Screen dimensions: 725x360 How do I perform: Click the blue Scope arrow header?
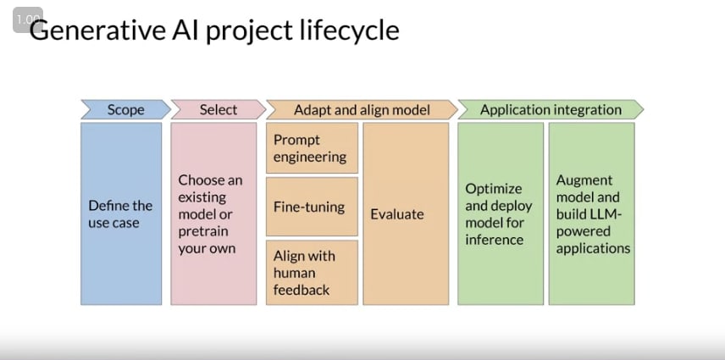(x=125, y=109)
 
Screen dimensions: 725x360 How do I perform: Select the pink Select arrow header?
(x=219, y=109)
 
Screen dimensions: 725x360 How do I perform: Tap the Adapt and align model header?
(x=362, y=109)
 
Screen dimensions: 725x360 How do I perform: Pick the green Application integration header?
(x=551, y=109)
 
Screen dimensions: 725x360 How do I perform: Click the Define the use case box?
(x=121, y=213)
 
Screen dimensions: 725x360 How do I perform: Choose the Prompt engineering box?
(x=312, y=148)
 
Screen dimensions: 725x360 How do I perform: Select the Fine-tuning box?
(x=312, y=207)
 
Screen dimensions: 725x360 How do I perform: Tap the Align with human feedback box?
(x=312, y=272)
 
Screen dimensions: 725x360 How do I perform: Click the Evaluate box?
(x=406, y=213)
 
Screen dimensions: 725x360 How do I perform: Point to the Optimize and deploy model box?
(x=501, y=213)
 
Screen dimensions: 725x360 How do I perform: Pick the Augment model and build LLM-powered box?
(x=592, y=213)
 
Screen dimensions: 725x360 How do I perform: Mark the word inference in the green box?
(x=495, y=240)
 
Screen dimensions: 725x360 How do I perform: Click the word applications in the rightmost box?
(x=593, y=249)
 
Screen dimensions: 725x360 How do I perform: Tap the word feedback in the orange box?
(x=302, y=290)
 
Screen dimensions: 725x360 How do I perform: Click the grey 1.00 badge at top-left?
(x=28, y=19)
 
